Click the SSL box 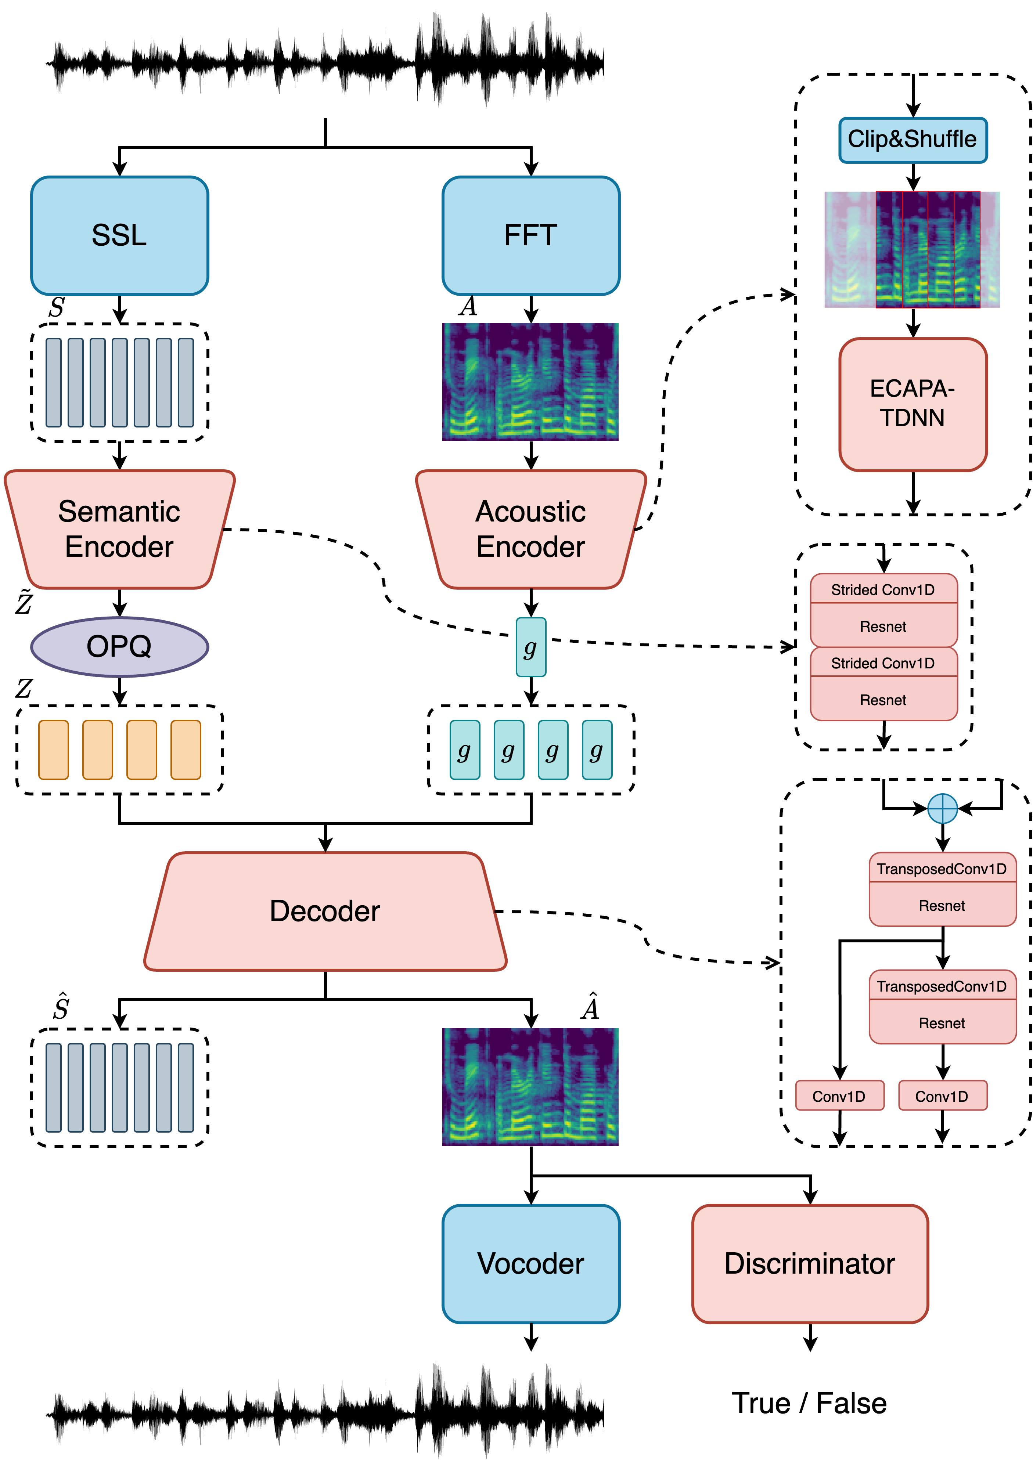[120, 235]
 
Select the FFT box [530, 235]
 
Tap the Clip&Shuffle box [913, 140]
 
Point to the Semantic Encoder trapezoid [120, 529]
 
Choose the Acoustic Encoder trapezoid [530, 529]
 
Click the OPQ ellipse [120, 646]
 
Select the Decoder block [325, 911]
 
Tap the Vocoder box [530, 1264]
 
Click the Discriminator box [810, 1264]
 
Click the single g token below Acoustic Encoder [530, 647]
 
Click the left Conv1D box [839, 1096]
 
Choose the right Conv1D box [942, 1096]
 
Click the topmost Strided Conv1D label [883, 589]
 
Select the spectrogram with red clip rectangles [913, 249]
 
